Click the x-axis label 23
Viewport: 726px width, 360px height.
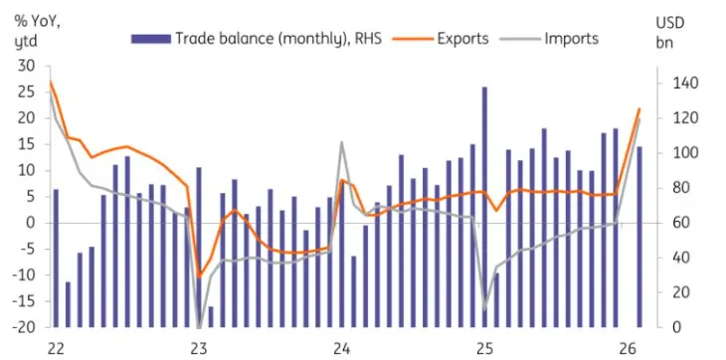198,348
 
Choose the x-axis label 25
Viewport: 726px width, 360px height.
484,348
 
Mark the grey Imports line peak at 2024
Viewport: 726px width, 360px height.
341,143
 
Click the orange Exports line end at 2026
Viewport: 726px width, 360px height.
639,108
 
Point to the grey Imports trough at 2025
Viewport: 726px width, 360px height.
485,309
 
